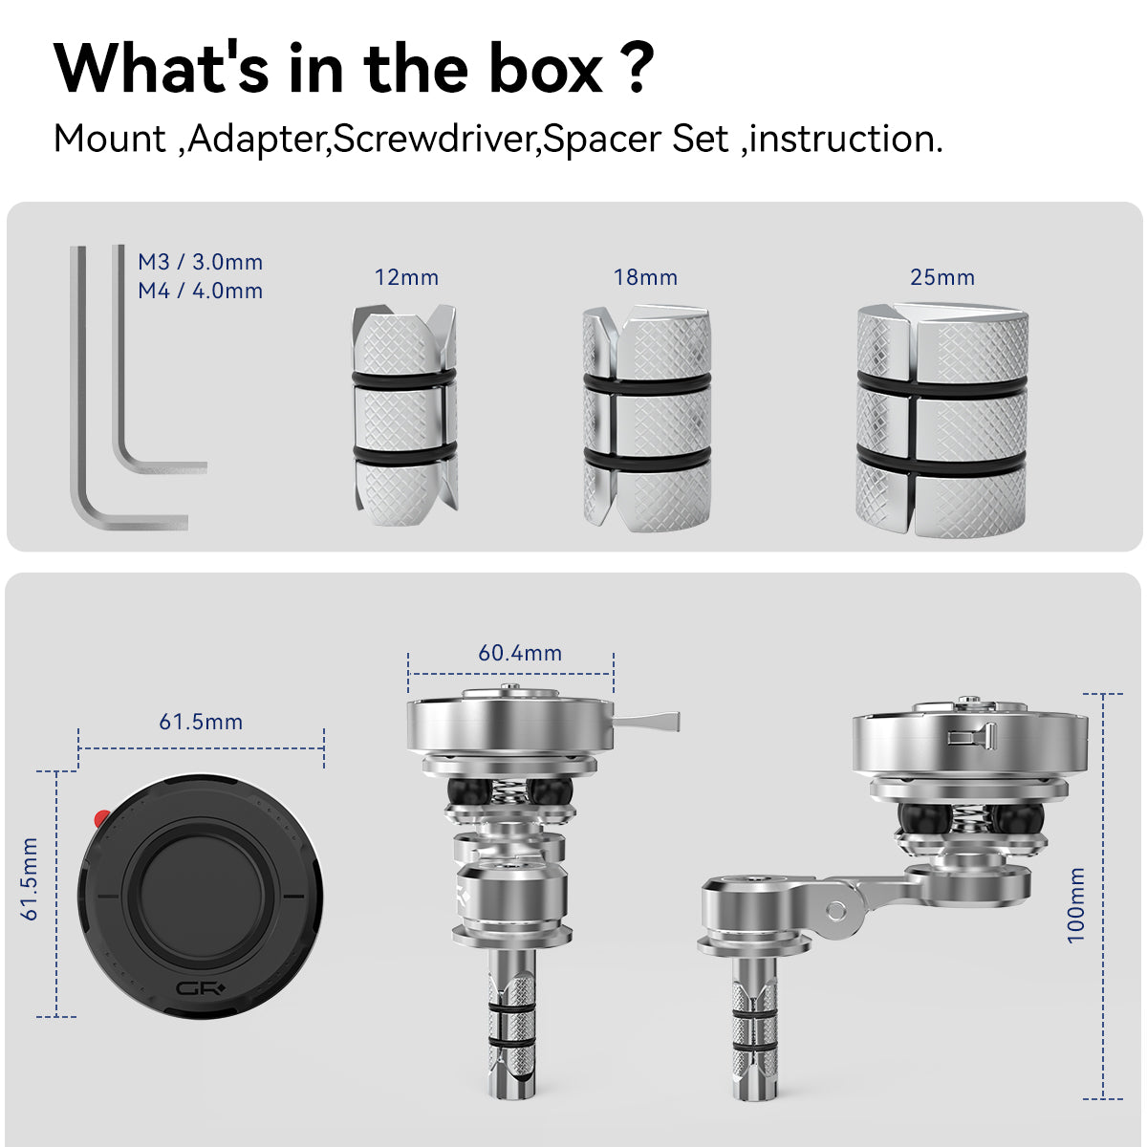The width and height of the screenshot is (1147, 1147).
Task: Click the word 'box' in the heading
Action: [546, 69]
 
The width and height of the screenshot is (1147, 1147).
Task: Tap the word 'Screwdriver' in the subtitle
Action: [433, 139]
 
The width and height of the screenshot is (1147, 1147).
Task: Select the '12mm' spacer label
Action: [406, 277]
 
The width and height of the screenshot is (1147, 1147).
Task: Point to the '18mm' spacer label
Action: [645, 277]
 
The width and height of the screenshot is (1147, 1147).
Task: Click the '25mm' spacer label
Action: [942, 277]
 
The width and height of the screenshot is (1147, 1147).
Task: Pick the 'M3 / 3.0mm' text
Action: [201, 262]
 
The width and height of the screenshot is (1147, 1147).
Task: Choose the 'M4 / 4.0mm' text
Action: [201, 291]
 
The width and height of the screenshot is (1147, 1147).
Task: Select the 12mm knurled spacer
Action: [404, 416]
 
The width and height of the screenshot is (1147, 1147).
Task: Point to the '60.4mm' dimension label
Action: [520, 653]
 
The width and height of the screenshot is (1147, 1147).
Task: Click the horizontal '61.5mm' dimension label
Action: [201, 722]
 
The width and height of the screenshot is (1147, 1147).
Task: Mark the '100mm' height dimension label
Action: [1075, 905]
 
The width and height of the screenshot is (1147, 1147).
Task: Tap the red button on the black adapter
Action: [101, 818]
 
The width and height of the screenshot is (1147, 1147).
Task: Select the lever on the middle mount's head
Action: [646, 721]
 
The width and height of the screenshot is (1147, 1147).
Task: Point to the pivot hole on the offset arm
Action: [835, 911]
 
